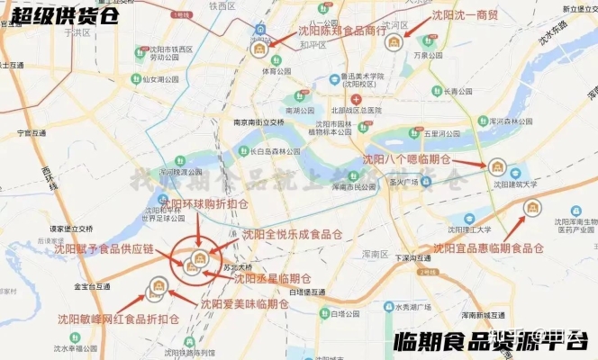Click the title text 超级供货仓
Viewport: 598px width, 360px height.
(60, 15)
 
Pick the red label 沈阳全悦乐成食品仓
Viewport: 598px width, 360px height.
(293, 234)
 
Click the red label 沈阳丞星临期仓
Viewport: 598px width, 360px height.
(272, 278)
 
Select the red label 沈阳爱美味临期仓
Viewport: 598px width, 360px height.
(244, 304)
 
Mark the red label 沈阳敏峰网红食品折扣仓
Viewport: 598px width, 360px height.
(118, 319)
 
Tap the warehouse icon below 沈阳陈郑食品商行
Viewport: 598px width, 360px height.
(259, 47)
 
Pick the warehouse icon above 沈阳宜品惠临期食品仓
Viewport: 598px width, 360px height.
(533, 209)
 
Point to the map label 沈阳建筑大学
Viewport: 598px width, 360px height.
(514, 184)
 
